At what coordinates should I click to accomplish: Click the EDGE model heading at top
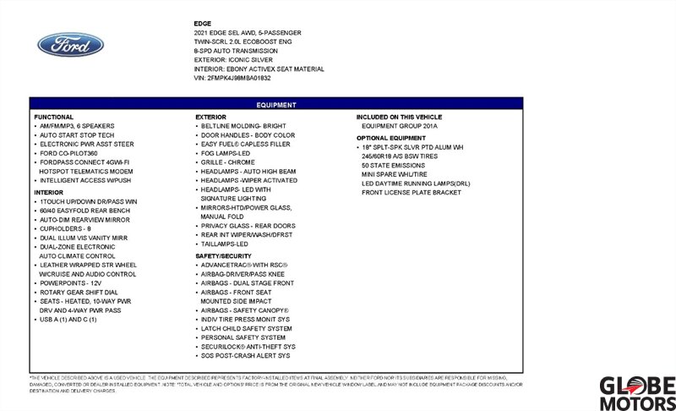point(203,23)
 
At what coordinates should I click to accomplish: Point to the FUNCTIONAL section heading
point(54,116)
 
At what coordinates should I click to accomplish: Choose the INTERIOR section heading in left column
point(49,192)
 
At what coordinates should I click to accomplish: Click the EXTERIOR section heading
point(210,116)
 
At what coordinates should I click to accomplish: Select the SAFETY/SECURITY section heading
point(223,255)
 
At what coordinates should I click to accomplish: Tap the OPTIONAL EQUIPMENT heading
point(391,137)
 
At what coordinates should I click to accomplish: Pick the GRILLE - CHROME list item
point(228,162)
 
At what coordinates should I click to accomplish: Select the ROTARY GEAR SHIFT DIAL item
point(79,293)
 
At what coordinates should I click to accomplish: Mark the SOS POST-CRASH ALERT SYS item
point(247,356)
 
